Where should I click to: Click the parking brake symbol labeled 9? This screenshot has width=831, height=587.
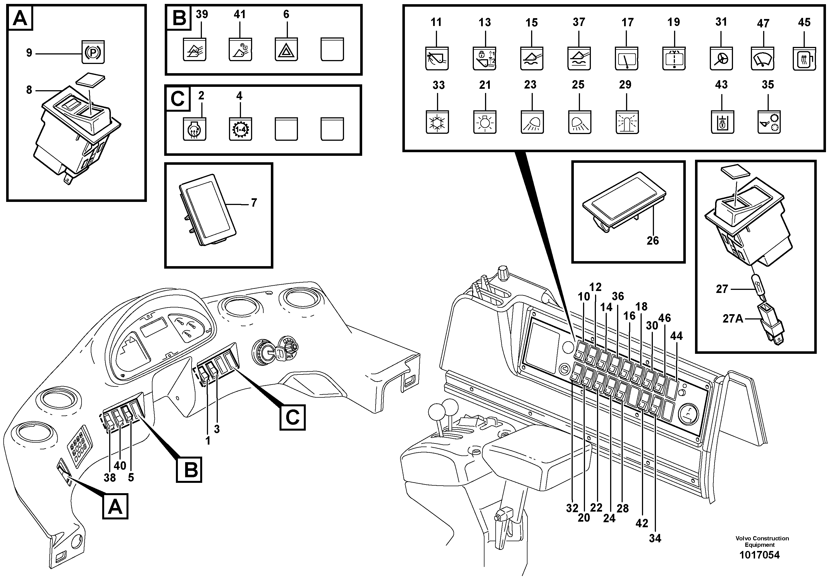tap(93, 52)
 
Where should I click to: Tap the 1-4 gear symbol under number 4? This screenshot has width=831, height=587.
tap(240, 129)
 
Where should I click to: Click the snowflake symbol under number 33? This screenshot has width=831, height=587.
tap(437, 122)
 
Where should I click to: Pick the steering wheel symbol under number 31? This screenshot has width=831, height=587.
tap(721, 58)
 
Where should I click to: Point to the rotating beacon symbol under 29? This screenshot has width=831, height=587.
tap(627, 122)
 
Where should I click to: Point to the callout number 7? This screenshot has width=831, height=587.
tap(254, 203)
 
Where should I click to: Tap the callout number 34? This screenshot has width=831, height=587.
tap(655, 538)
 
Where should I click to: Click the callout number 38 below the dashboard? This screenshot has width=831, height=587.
tap(110, 478)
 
